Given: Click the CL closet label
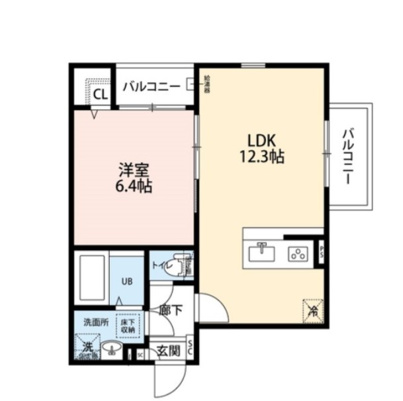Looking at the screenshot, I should (x=100, y=95).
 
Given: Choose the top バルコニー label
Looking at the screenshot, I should (x=151, y=85).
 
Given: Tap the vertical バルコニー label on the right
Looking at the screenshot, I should (x=348, y=156).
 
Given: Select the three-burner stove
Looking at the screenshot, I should (x=297, y=253).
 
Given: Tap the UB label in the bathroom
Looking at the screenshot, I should (x=126, y=281).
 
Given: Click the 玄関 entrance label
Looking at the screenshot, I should (x=168, y=350).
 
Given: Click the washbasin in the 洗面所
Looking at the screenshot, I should (x=112, y=348).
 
